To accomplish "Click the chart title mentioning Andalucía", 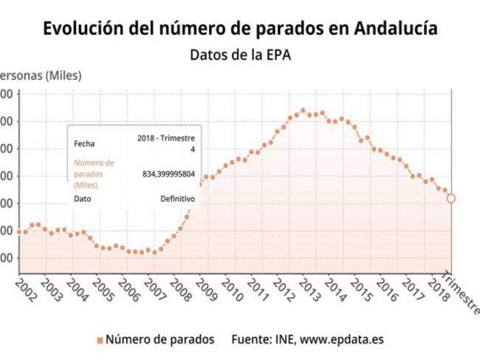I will tap(240, 28).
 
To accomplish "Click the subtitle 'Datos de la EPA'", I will tap(240, 55).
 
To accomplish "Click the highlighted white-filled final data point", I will tap(451, 198).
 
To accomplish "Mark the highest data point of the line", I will tap(303, 111).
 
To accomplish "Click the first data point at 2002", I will tap(18, 231).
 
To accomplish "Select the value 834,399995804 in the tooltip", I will tap(168, 174).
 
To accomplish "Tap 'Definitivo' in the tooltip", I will tap(177, 199).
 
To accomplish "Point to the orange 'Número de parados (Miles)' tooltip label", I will tap(94, 174).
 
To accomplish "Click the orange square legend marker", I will tap(99, 340).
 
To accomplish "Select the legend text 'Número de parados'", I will tap(160, 340).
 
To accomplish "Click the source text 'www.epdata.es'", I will tap(341, 340).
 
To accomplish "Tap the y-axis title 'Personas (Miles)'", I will tap(41, 75).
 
